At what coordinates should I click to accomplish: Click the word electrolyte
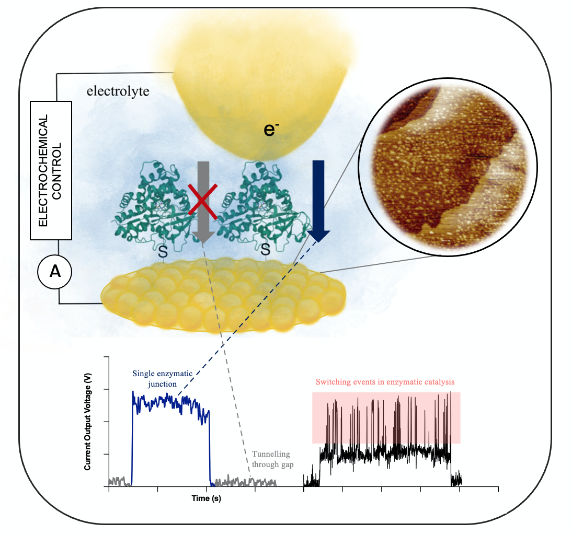[118, 91]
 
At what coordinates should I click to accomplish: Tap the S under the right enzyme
[266, 251]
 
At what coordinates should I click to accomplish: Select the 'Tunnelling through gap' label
[271, 459]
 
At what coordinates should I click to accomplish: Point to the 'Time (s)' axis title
[206, 499]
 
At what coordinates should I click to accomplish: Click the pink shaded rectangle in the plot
[386, 418]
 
